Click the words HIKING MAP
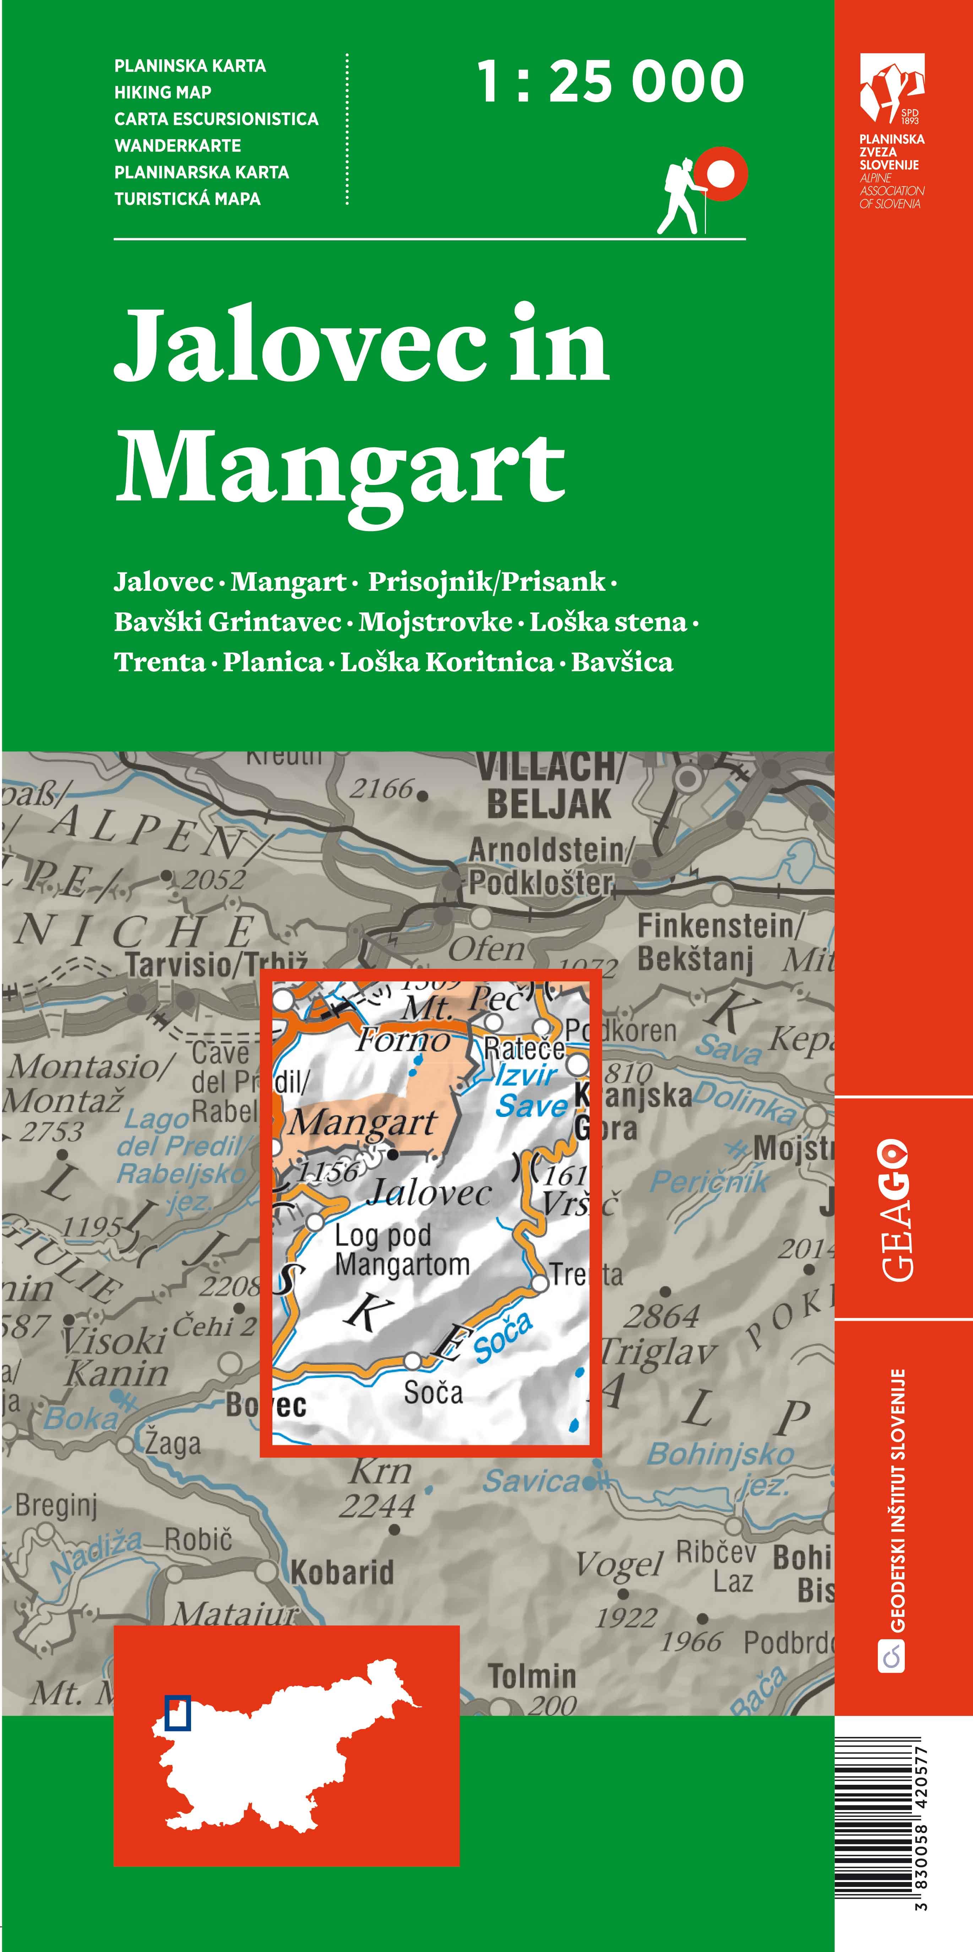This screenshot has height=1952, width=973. [x=163, y=92]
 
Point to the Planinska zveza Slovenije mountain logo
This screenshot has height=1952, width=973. [x=892, y=87]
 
